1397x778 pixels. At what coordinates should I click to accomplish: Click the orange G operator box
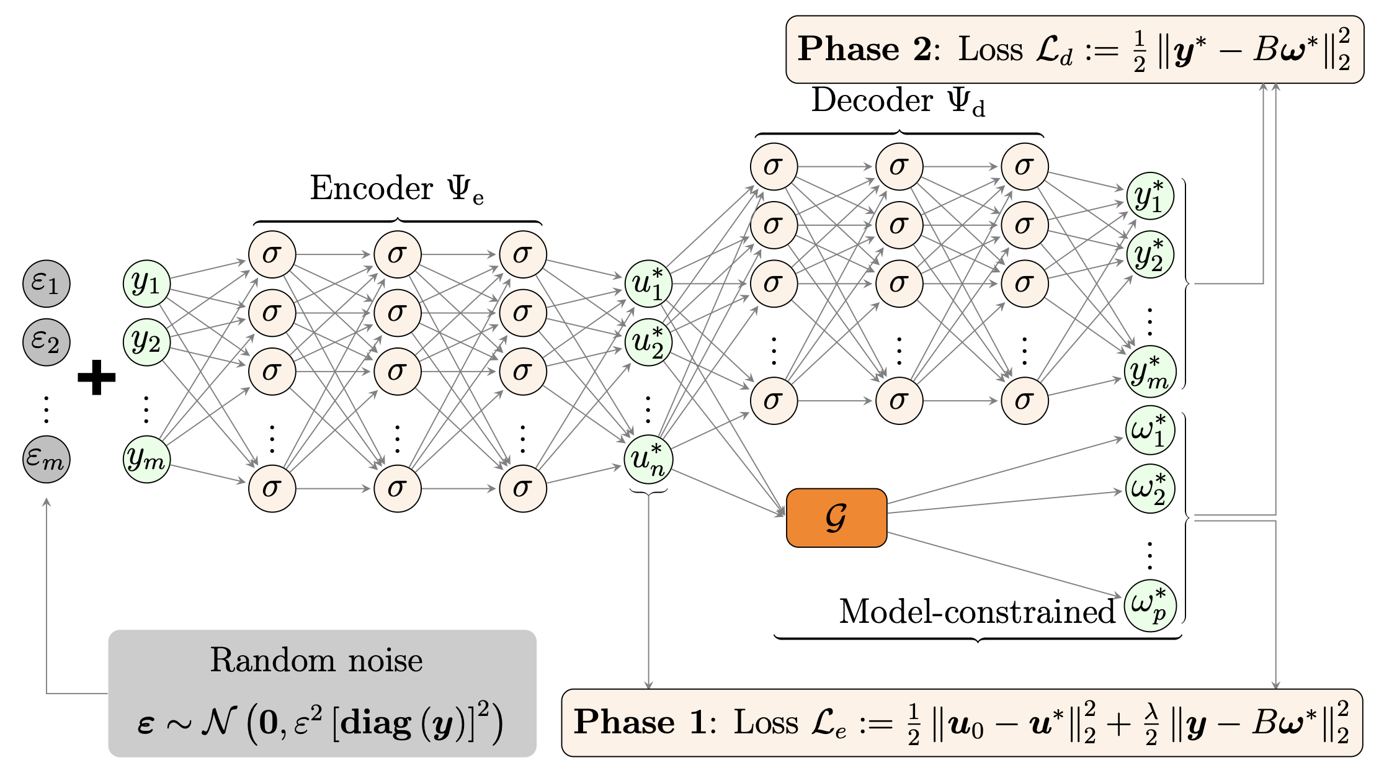[x=836, y=517]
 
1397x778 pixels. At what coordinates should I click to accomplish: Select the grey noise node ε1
[x=47, y=284]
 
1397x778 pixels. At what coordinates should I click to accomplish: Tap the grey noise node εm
[x=47, y=459]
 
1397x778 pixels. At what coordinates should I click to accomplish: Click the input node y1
[x=147, y=284]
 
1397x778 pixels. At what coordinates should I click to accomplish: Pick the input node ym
[x=147, y=459]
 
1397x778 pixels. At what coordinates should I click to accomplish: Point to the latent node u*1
[x=648, y=284]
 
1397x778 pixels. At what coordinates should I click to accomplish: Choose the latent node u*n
[x=648, y=459]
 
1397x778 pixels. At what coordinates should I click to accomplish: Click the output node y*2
[x=1149, y=254]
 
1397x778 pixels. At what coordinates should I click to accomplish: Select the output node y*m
[x=1149, y=372]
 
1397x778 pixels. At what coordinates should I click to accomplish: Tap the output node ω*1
[x=1149, y=430]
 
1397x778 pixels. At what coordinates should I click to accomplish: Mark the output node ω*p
[x=1149, y=606]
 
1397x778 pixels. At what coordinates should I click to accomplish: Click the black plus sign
[x=97, y=377]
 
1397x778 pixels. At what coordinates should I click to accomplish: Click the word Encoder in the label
[x=371, y=188]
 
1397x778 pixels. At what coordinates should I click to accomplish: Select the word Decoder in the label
[x=872, y=101]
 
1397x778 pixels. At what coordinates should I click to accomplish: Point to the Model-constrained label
[x=977, y=612]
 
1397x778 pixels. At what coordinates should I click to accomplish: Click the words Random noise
[x=316, y=660]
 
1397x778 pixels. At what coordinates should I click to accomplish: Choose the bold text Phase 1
[x=639, y=722]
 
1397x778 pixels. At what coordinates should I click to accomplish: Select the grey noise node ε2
[x=47, y=342]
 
